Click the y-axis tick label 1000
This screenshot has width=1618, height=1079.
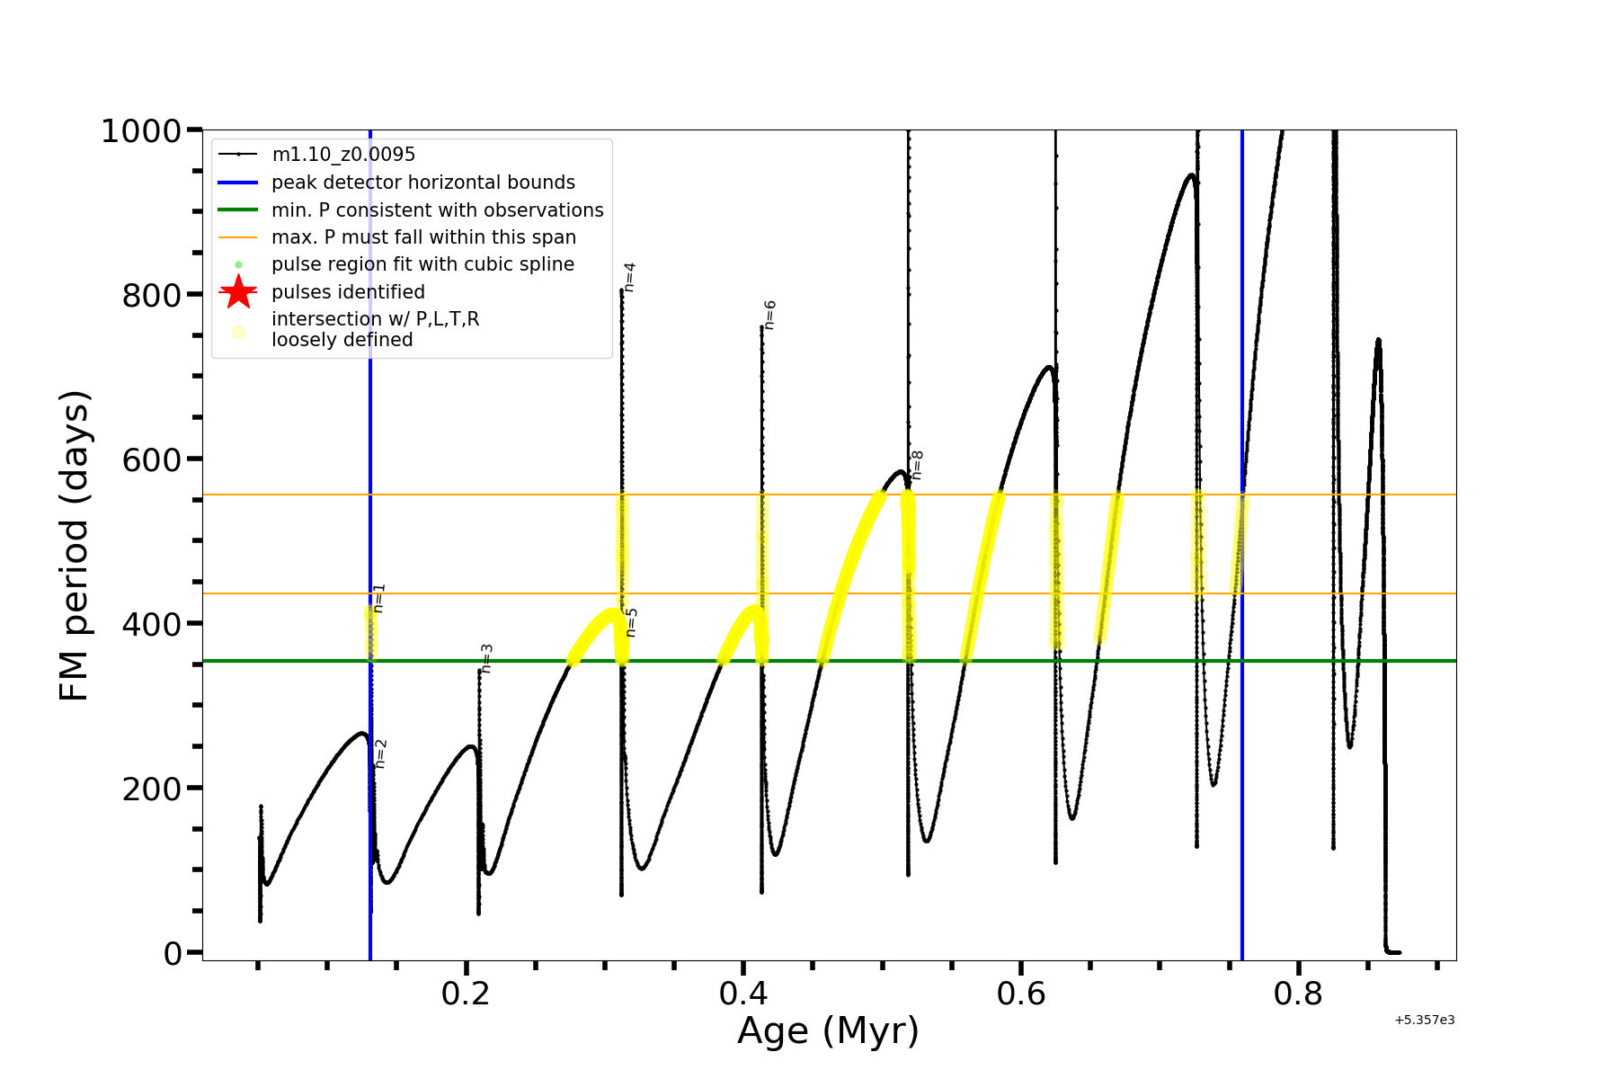coord(141,131)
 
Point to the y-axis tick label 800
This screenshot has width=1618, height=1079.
coord(152,295)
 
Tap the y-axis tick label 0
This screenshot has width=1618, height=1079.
coord(173,953)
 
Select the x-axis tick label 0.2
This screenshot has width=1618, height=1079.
coord(466,994)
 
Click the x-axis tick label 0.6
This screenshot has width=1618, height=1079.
coord(1021,994)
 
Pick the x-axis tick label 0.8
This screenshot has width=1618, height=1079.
coord(1298,994)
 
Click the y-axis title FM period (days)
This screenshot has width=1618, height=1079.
coord(74,545)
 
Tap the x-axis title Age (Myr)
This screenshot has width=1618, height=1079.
coord(828,1030)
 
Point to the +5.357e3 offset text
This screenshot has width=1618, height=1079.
coord(1424,1021)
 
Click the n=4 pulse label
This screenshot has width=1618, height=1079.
coord(629,277)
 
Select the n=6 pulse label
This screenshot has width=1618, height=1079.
coord(769,315)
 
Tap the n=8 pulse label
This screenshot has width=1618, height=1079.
coord(917,465)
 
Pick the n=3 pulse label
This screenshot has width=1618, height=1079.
coord(486,658)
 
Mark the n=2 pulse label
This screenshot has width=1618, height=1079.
coord(380,754)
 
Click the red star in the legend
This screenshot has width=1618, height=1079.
coord(238,292)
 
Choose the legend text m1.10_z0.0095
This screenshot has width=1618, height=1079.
coord(343,155)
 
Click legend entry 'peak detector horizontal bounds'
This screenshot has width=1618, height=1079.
coord(422,183)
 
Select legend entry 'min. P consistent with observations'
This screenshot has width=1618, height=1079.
coord(437,210)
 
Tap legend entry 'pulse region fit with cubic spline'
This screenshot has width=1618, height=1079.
coord(422,264)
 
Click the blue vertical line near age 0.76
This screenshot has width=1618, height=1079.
coord(1242,719)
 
